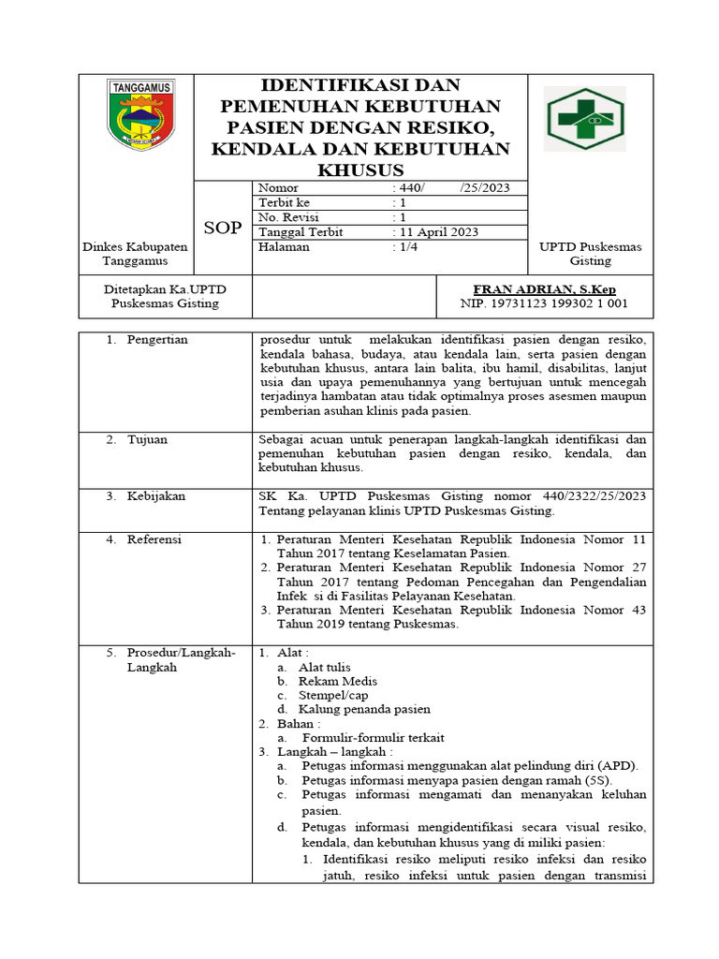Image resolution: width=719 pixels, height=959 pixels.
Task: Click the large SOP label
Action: tap(223, 228)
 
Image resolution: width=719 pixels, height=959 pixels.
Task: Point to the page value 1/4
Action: tap(404, 247)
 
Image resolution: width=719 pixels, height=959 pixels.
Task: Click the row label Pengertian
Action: tap(157, 340)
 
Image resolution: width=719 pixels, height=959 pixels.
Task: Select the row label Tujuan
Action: tap(147, 439)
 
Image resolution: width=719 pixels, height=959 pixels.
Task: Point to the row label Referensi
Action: tap(154, 539)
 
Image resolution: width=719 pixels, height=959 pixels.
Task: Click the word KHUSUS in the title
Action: tap(360, 170)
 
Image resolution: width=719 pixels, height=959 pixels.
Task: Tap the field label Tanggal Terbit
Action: tap(301, 232)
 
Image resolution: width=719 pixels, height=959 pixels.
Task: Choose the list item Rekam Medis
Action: tap(338, 681)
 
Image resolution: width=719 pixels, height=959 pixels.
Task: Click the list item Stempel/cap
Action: tap(334, 695)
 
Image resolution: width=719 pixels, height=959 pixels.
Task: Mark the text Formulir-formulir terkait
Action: tap(366, 737)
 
